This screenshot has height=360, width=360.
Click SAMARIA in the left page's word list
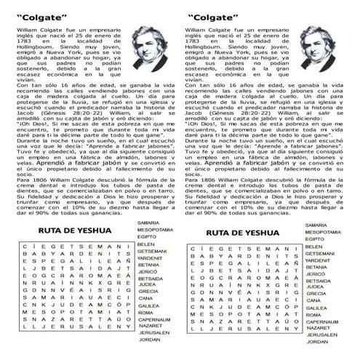pyautogui.click(x=148, y=222)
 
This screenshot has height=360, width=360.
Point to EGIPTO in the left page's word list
pyautogui.click(x=147, y=236)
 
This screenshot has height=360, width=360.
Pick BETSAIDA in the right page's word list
pyautogui.click(x=319, y=280)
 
